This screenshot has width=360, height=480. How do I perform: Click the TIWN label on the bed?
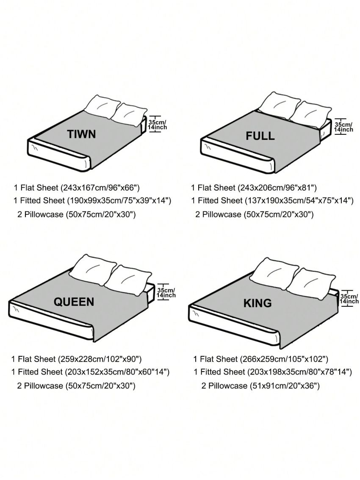[x=81, y=134]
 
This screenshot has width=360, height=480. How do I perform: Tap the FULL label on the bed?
[x=260, y=136]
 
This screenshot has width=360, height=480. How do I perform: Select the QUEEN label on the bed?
[x=74, y=302]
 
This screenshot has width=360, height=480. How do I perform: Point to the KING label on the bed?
[x=258, y=303]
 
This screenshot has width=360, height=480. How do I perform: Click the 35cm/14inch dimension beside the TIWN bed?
[x=158, y=125]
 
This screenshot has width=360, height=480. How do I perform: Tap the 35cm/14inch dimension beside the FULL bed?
[x=343, y=127]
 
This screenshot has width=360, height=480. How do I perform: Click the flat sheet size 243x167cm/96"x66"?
[x=77, y=188]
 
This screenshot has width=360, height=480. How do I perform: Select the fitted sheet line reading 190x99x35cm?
[x=92, y=201]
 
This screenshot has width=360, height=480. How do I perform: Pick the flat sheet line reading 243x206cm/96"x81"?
[x=254, y=188]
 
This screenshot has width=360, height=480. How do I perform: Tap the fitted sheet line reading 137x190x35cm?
[x=272, y=201]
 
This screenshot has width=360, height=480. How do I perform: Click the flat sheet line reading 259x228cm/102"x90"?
[x=77, y=359]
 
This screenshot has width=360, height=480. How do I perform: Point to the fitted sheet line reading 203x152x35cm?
[x=90, y=372]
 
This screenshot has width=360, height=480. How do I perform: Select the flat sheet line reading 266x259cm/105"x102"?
[x=261, y=359]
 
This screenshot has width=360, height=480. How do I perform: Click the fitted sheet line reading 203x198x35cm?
[x=273, y=372]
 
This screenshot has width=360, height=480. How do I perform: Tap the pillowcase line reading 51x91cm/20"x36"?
[x=260, y=386]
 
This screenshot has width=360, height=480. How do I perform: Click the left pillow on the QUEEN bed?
[x=95, y=270]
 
